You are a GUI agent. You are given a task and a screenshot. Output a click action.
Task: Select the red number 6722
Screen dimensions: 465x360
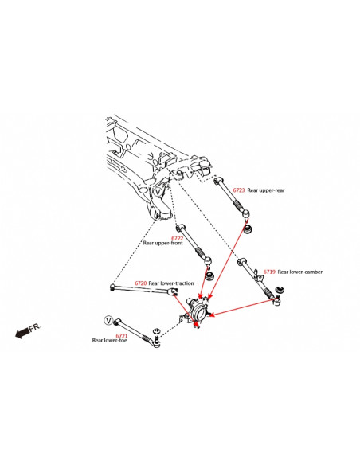pyautogui.click(x=178, y=237)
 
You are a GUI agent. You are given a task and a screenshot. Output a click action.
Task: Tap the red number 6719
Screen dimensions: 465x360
pyautogui.click(x=269, y=272)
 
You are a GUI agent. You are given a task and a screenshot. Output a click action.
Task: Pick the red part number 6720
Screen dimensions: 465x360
pyautogui.click(x=140, y=283)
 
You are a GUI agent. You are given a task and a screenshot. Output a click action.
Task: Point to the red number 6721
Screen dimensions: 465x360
pyautogui.click(x=121, y=335)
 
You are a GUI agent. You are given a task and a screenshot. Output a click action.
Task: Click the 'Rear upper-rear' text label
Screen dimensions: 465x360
pyautogui.click(x=267, y=190)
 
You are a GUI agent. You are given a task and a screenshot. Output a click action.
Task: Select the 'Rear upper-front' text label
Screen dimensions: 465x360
pyautogui.click(x=162, y=243)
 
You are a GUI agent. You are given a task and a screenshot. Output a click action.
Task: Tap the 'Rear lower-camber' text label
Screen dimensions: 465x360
pyautogui.click(x=300, y=272)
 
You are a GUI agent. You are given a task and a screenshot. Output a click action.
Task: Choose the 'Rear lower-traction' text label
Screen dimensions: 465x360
pyautogui.click(x=171, y=283)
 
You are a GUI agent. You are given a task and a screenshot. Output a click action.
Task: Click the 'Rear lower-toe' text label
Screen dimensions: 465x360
pyautogui.click(x=110, y=341)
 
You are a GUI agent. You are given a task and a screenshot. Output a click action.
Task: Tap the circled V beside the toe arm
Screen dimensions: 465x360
pyautogui.click(x=108, y=320)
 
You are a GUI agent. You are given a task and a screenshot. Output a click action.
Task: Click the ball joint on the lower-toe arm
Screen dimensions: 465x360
pyautogui.click(x=156, y=342)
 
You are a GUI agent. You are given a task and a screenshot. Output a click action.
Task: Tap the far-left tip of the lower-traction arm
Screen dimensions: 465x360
pyautogui.click(x=113, y=286)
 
